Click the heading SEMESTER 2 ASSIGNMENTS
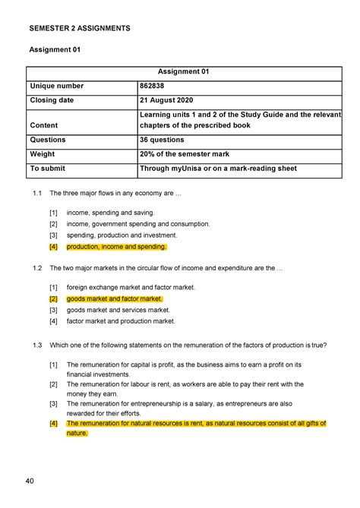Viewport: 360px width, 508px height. [x=80, y=28]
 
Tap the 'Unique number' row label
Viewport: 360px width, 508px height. [x=57, y=87]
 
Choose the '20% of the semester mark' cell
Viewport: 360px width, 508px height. [x=187, y=154]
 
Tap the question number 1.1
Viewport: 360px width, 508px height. [x=37, y=194]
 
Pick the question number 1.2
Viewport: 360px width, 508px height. [x=37, y=268]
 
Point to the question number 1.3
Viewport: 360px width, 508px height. [x=37, y=344]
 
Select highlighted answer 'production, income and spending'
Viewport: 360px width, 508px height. [x=116, y=247]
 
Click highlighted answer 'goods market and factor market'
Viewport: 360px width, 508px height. [x=114, y=299]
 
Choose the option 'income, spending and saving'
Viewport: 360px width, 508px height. [x=110, y=213]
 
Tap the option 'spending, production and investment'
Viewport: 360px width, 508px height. [x=125, y=235]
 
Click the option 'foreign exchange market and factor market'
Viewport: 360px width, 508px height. [x=131, y=288]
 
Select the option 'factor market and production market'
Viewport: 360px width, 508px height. [x=122, y=321]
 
